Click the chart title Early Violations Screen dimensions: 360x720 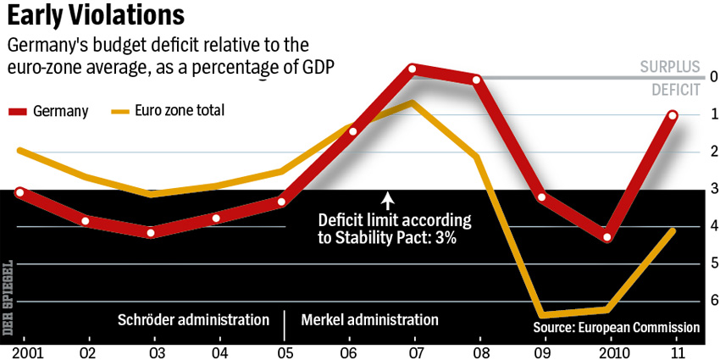(97, 17)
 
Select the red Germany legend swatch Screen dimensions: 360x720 (18, 111)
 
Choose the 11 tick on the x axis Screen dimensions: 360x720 (673, 350)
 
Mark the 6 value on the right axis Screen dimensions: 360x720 (713, 301)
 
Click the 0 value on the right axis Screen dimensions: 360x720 (713, 77)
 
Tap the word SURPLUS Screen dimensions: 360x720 (670, 67)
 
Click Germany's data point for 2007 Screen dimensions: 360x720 (412, 69)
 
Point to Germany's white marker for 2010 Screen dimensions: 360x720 (606, 236)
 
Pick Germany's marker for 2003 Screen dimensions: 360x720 (151, 233)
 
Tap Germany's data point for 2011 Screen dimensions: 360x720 (673, 115)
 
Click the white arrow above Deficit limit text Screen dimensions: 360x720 (388, 201)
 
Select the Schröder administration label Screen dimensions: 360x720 (193, 320)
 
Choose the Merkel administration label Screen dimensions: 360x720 (370, 320)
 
